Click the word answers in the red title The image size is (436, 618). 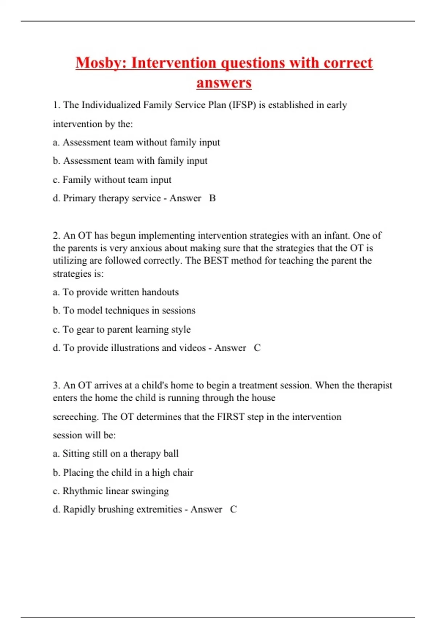(x=224, y=83)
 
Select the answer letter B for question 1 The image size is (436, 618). (x=213, y=198)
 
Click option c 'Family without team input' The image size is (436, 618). (x=112, y=180)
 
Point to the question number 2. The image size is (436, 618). (x=56, y=236)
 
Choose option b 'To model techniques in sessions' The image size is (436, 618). (x=124, y=310)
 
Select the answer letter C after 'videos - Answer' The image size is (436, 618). (x=257, y=348)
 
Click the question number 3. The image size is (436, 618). (x=56, y=385)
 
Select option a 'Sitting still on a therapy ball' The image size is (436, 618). (x=116, y=454)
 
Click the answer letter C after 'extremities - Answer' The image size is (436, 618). (x=233, y=509)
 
